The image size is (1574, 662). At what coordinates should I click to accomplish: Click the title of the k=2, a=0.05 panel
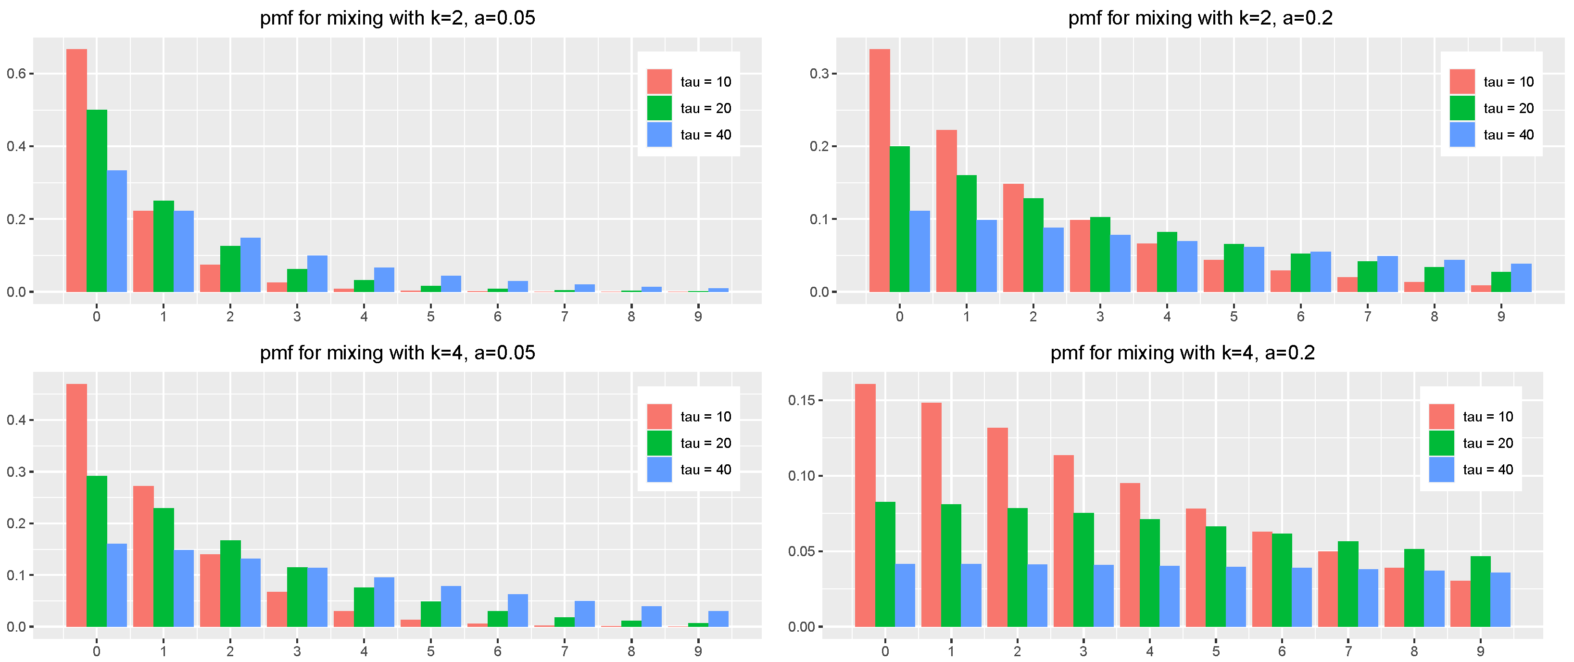(x=397, y=18)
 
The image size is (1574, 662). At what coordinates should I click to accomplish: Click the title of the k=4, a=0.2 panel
(x=1183, y=353)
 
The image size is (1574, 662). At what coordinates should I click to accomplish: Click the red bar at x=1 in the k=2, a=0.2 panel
(x=946, y=211)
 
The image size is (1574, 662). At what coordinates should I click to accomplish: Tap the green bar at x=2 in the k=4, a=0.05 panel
(x=230, y=583)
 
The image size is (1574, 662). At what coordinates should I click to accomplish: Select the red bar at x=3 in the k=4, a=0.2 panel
(x=1063, y=540)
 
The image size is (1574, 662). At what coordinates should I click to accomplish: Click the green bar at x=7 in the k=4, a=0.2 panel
(x=1348, y=584)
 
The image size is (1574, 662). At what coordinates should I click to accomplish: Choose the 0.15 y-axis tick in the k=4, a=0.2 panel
(x=800, y=400)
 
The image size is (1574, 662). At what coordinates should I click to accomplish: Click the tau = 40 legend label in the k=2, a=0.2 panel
(x=1508, y=135)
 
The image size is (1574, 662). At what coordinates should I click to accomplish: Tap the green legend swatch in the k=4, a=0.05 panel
(x=659, y=443)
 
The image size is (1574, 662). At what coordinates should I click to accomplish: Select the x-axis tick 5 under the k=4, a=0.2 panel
(x=1216, y=651)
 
